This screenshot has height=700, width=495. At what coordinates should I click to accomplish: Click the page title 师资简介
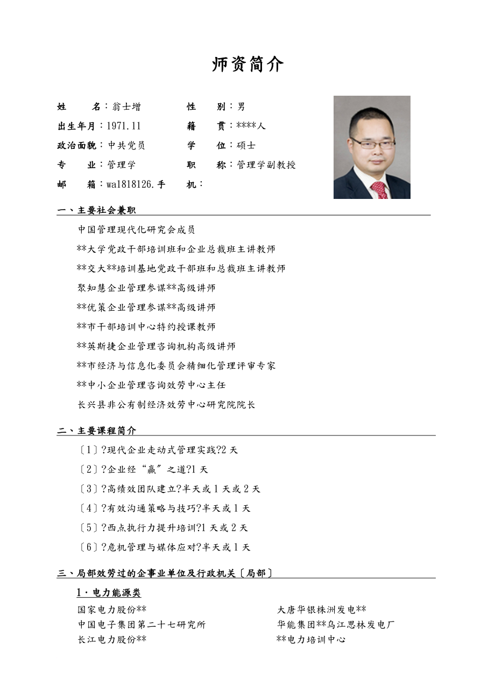[247, 65]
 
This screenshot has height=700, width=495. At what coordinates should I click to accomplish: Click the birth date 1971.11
[123, 126]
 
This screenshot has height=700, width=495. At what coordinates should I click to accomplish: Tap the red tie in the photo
[380, 190]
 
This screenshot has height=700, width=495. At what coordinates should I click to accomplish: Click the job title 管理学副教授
[266, 165]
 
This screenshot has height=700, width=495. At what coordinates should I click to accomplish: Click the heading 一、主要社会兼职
[100, 210]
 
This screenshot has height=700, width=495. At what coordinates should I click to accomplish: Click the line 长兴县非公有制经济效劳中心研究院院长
[166, 404]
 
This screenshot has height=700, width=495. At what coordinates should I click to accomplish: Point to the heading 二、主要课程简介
[97, 431]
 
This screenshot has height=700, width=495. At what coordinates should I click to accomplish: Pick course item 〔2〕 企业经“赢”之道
[143, 469]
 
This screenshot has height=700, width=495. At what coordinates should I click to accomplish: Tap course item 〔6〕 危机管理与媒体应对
[165, 547]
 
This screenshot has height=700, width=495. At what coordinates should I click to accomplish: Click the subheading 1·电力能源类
[109, 592]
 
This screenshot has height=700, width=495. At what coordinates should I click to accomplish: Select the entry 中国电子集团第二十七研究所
[142, 625]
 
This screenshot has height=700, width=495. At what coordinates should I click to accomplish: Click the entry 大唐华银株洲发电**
[321, 610]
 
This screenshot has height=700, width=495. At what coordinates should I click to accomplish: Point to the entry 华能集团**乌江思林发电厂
[336, 625]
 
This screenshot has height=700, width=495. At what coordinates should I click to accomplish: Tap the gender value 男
[241, 107]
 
